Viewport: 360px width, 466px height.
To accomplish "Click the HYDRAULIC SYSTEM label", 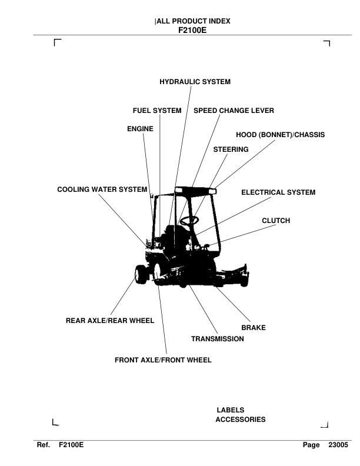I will (195, 82).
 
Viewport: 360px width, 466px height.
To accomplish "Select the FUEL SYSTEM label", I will (156, 111).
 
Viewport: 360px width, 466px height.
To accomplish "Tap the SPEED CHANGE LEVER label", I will (234, 111).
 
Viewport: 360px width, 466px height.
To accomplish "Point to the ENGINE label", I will (140, 129).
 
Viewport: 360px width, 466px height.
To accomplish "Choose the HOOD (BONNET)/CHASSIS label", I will (280, 135).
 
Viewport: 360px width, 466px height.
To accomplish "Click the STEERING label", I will (231, 150).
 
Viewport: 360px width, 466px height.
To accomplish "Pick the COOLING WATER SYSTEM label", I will (101, 190).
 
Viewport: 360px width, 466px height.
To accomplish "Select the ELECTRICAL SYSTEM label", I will (278, 192).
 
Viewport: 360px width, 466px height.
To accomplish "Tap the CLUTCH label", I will (276, 221).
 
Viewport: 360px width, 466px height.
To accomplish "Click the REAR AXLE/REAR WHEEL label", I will (109, 321).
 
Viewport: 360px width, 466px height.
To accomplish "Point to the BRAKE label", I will (254, 328).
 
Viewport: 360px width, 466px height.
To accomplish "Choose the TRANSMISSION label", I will (217, 339).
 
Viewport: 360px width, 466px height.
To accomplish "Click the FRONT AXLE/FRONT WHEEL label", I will (162, 360).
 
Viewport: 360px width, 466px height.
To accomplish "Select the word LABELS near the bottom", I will (230, 410).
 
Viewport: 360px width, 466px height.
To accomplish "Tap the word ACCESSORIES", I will (241, 420).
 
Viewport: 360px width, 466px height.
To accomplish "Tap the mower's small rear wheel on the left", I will (139, 275).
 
